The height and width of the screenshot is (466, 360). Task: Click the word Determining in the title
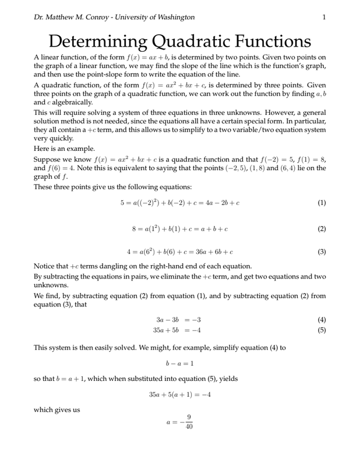[x=97, y=42]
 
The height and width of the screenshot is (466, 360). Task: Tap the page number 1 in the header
[x=323, y=17]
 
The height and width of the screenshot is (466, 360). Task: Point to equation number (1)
[x=322, y=203]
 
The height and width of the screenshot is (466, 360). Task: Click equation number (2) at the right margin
[x=322, y=228]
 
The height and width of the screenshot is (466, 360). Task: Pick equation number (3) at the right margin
[x=322, y=253]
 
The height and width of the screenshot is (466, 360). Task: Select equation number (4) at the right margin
[x=322, y=320]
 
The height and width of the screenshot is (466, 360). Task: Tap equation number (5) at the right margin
[x=322, y=330]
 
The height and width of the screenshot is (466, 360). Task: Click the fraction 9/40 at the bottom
[x=188, y=422]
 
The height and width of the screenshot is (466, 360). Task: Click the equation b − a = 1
[x=179, y=363]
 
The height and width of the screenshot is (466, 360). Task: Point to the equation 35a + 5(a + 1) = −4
[x=179, y=394]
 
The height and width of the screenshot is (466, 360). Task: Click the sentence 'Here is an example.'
[x=63, y=149]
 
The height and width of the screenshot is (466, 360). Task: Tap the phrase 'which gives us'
[x=57, y=409]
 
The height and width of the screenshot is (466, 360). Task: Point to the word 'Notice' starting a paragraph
[x=45, y=266]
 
